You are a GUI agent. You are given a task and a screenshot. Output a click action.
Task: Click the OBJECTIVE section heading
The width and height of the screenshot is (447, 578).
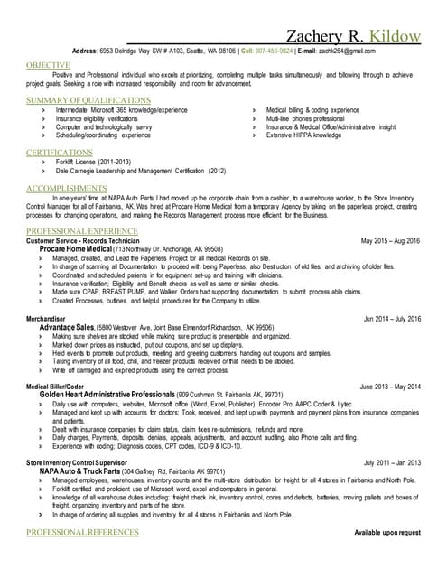click(x=48, y=66)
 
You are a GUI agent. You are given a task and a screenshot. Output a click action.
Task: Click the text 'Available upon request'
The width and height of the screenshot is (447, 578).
click(x=387, y=533)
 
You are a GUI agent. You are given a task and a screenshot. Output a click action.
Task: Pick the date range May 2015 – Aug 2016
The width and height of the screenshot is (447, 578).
click(x=390, y=242)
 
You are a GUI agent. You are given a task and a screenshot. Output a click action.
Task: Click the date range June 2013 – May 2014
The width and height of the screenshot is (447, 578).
click(x=390, y=387)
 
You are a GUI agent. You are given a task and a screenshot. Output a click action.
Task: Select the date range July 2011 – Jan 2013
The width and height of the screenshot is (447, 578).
click(x=390, y=462)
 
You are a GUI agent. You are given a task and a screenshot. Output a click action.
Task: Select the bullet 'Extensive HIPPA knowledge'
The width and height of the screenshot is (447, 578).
click(x=305, y=135)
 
